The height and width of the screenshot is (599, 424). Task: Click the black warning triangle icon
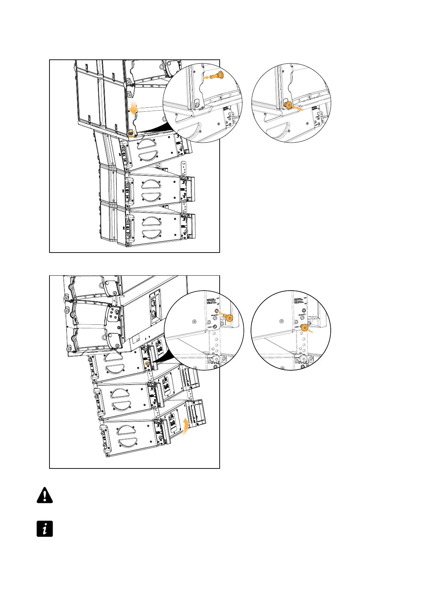[x=45, y=495]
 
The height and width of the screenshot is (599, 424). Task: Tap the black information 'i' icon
[x=45, y=529]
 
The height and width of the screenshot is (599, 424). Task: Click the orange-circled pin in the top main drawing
[x=132, y=133]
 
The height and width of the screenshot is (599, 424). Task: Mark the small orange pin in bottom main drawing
[x=147, y=363]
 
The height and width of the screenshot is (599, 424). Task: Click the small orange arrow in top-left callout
[x=206, y=76]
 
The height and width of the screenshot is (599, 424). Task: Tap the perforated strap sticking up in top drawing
[x=184, y=169]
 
